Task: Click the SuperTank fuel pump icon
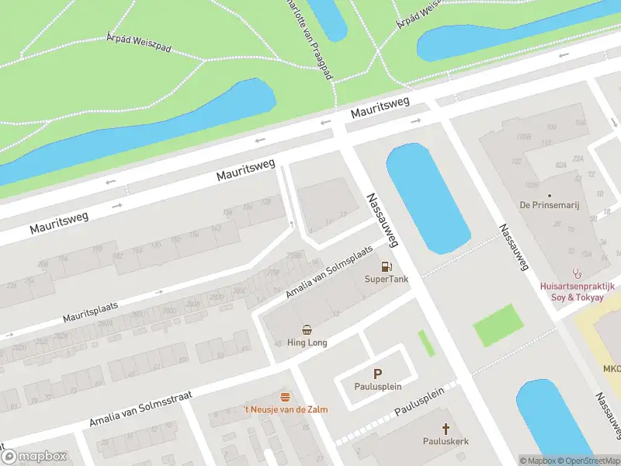coord(386,266)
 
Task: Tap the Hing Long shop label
coord(307,343)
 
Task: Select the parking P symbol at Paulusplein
coord(378,374)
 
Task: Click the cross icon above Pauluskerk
coord(446,428)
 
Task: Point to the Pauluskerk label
coord(446,441)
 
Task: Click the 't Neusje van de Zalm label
coord(286,409)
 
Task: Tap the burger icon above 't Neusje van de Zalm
coord(286,397)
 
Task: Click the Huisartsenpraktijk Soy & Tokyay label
coord(578,290)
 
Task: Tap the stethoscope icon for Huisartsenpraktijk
coord(576,273)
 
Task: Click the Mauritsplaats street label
coord(91,314)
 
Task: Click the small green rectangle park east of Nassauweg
coord(498,325)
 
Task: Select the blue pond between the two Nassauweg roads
coord(427,198)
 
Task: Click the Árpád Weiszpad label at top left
coord(138,43)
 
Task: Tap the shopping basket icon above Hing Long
coord(307,329)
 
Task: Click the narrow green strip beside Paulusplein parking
coord(426,343)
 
